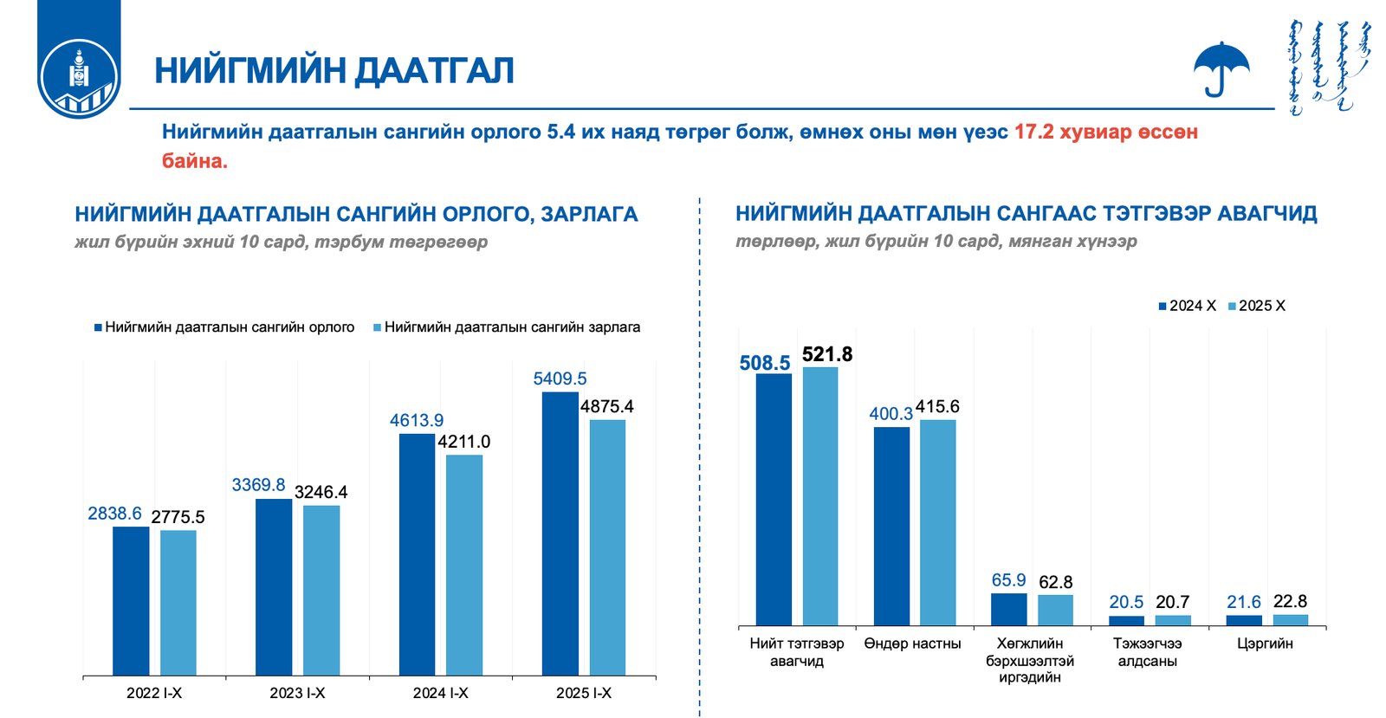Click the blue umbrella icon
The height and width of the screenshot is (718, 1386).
tap(1221, 68)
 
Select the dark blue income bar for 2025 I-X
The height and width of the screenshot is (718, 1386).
tap(560, 533)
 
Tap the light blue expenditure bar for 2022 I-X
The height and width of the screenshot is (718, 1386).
tap(178, 602)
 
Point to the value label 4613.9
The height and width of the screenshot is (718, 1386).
tap(416, 420)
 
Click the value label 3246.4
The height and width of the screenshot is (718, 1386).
tap(321, 492)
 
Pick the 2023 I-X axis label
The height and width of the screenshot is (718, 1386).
tap(297, 693)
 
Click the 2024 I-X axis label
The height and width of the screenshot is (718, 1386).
tap(440, 693)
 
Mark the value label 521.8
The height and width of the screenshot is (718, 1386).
tap(826, 354)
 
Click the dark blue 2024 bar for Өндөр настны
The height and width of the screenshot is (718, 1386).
tap(891, 526)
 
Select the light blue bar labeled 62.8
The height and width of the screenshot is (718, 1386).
tap(1055, 610)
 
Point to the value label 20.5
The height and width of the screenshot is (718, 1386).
tap(1125, 602)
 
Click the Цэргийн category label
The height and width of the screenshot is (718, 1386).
tap(1265, 644)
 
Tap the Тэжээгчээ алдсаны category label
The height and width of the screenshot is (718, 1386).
tap(1147, 652)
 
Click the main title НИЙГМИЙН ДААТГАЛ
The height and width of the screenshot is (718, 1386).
tap(334, 70)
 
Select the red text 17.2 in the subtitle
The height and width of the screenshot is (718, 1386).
tap(1033, 132)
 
